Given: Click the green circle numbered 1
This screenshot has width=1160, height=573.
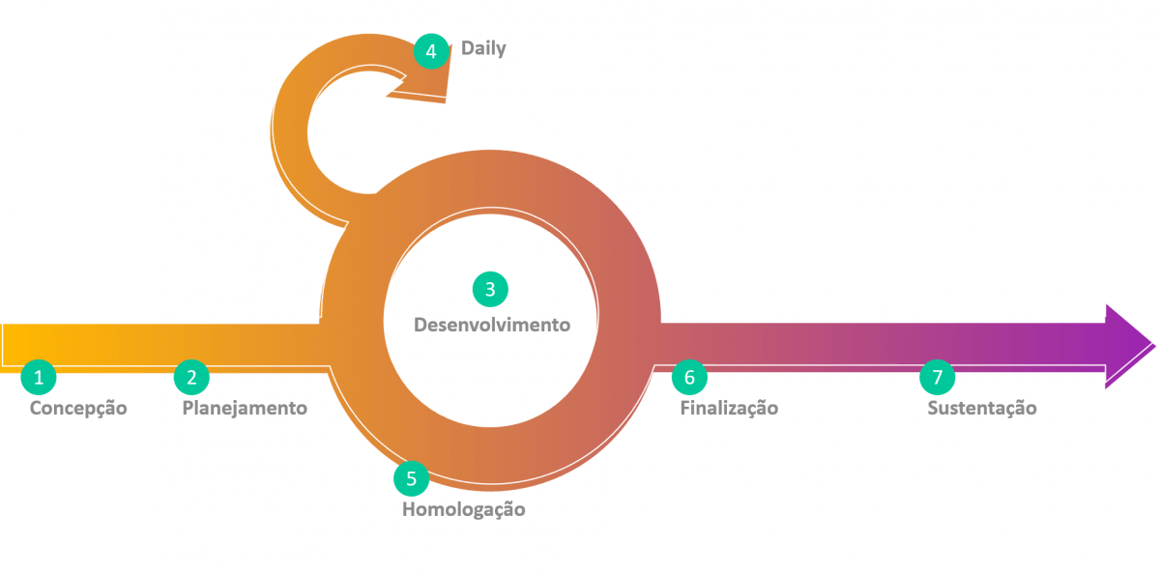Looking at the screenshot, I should pos(39,377).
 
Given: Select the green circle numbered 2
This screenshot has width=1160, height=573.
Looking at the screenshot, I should pos(191,377).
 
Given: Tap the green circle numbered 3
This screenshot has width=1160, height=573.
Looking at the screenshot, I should pos(490,289).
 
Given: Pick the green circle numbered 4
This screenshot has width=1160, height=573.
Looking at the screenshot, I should pos(431,51).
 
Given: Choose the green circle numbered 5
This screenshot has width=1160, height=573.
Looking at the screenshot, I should pos(411,478).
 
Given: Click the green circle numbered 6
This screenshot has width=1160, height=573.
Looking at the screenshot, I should pos(689,377).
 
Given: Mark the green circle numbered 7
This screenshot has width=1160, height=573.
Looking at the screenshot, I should pos(937,377).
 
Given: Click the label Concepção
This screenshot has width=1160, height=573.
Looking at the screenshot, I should pos(78,408).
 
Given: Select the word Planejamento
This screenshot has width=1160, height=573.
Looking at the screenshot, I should pos(245,408).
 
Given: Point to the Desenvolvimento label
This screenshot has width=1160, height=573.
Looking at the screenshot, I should pos(492,325).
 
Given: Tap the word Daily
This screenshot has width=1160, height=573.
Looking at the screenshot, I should pos(483,48).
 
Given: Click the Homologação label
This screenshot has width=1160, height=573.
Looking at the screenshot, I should pos(463,509).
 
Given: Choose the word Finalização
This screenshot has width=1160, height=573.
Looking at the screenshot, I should pos(729,408).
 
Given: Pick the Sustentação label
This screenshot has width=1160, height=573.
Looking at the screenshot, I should pos(982,408).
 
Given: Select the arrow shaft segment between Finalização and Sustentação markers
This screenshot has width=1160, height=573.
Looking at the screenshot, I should pos(812,345).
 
